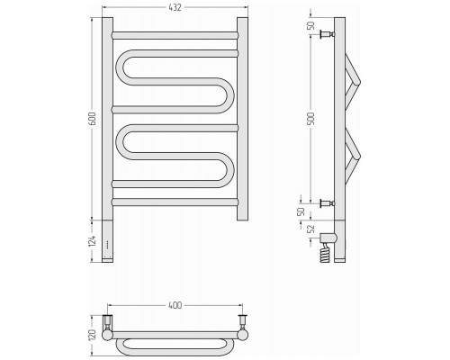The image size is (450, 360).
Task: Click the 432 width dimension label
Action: (175, 8)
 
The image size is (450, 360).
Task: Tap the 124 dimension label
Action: (93, 241)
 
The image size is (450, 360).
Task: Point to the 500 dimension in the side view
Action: (312, 119)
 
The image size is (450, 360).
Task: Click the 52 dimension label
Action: (311, 229)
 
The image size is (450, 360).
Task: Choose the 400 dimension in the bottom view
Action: (175, 305)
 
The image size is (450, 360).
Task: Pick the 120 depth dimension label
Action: (93, 335)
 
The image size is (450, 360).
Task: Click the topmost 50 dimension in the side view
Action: (311, 26)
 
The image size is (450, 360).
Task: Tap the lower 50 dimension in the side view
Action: (301, 211)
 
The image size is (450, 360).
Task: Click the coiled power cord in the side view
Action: (325, 252)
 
